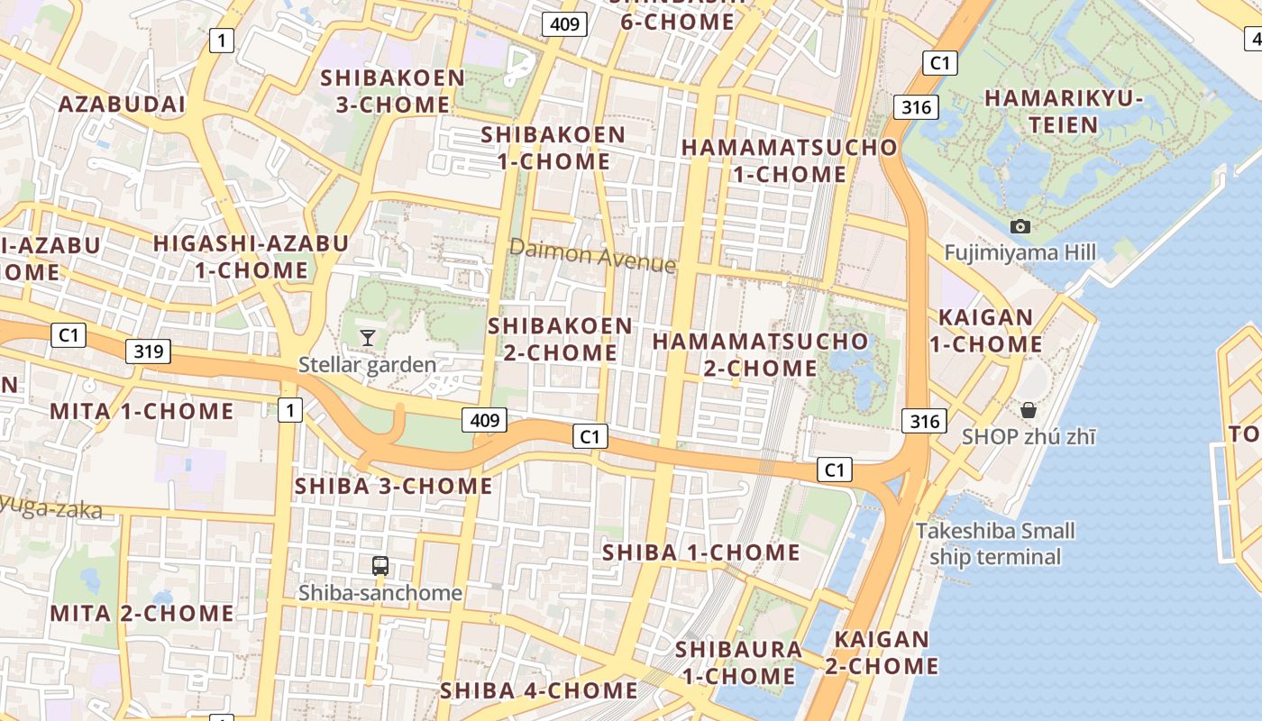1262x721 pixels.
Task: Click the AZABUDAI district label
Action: click(122, 105)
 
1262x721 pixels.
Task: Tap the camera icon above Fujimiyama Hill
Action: click(1020, 226)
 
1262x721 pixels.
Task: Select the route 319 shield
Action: click(148, 351)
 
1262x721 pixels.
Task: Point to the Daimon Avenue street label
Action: click(592, 255)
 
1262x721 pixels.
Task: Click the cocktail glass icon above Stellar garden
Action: click(368, 338)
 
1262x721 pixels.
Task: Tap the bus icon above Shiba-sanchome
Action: click(380, 566)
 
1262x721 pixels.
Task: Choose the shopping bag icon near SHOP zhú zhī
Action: click(1029, 411)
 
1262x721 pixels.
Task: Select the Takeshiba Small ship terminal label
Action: click(995, 543)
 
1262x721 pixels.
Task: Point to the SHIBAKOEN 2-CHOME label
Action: click(560, 339)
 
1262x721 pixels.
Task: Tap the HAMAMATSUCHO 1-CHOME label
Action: click(790, 160)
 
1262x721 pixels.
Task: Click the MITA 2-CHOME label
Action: click(142, 614)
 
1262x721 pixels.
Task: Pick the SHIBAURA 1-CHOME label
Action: click(738, 662)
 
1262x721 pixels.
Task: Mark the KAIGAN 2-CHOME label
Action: click(882, 653)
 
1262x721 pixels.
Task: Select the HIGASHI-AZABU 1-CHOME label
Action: click(251, 257)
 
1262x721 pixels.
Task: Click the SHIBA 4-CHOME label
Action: click(538, 691)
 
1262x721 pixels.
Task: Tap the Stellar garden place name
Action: click(368, 365)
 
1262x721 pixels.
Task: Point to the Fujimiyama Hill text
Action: click(1020, 252)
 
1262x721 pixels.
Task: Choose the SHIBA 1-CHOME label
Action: click(700, 552)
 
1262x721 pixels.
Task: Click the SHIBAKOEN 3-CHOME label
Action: click(393, 91)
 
